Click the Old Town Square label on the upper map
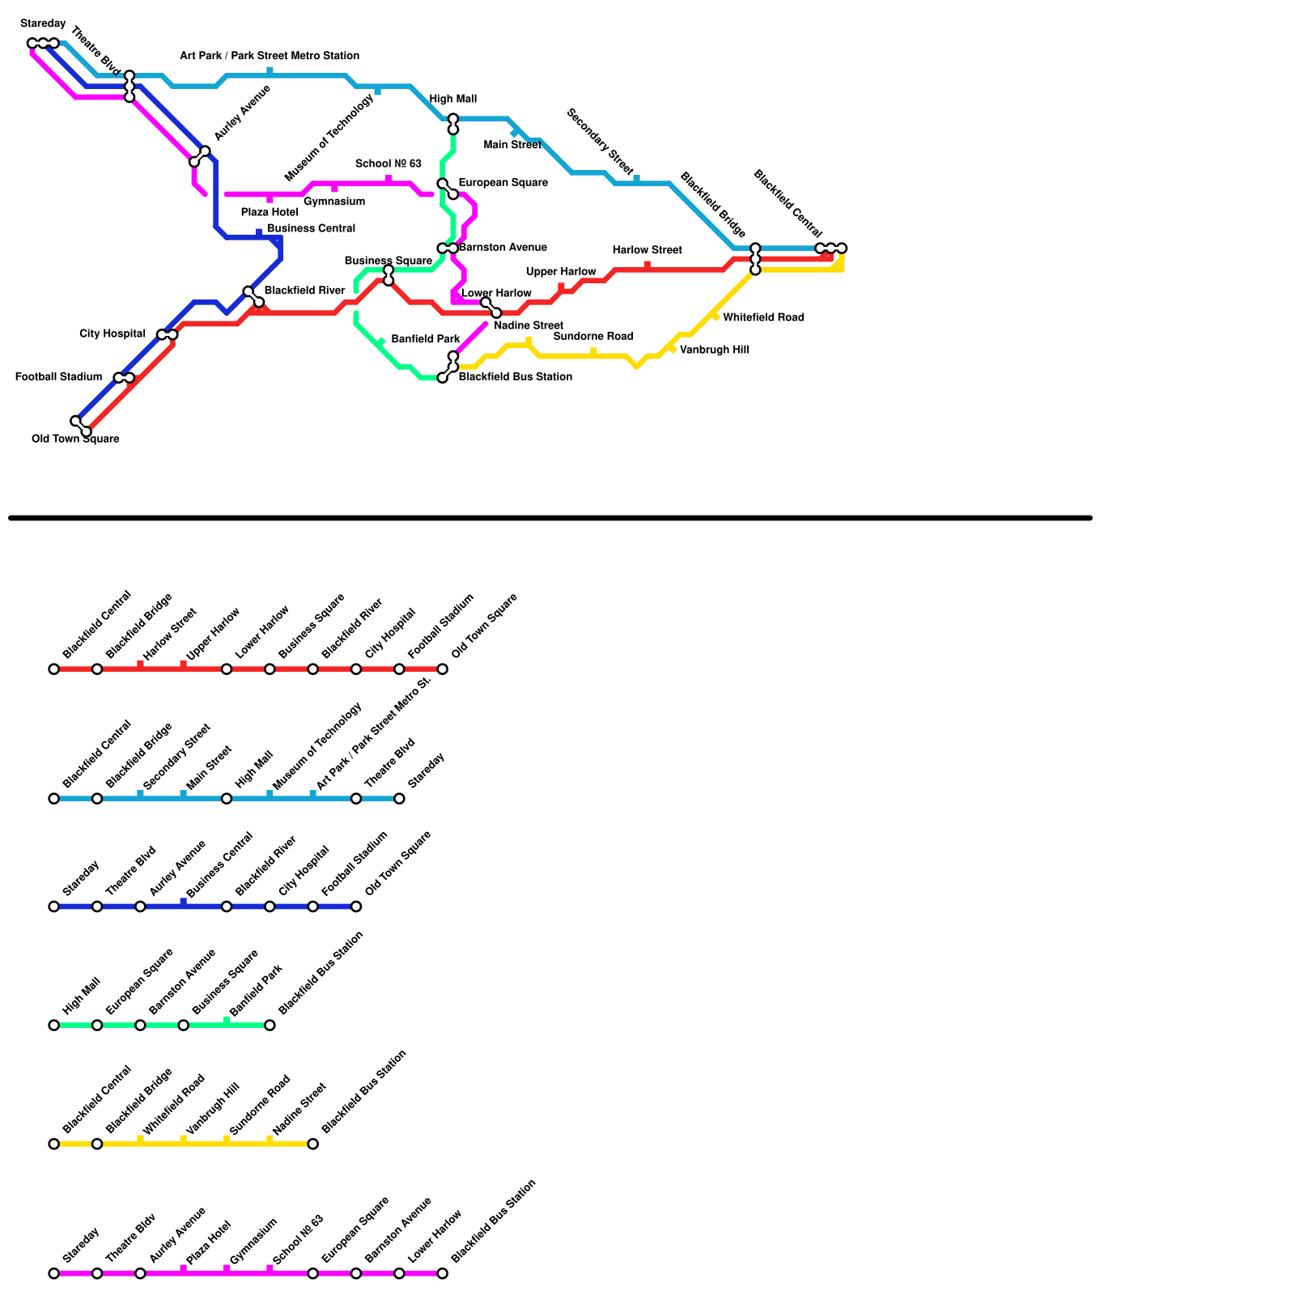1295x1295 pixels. (x=75, y=439)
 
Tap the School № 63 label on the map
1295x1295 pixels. (x=388, y=163)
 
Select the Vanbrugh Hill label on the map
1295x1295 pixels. (x=714, y=350)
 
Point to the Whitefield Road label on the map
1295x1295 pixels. (x=763, y=317)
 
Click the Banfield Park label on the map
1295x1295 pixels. (x=425, y=339)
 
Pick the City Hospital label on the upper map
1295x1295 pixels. (x=113, y=333)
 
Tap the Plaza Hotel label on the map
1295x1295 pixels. (x=270, y=212)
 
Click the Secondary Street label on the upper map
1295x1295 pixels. (x=600, y=141)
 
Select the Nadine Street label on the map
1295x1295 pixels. (x=528, y=325)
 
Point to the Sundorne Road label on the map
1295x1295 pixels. (x=593, y=336)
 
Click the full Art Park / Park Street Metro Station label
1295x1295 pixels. (x=270, y=56)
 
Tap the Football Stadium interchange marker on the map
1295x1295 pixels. (x=124, y=378)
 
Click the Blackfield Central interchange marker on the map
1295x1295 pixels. (x=830, y=248)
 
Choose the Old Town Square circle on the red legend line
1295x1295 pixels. (x=442, y=669)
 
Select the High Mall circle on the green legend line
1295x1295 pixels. (x=54, y=1025)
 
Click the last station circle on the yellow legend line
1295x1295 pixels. (x=312, y=1144)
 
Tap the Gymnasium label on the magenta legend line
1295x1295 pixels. (x=253, y=1241)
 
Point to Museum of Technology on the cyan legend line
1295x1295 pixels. (x=316, y=746)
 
